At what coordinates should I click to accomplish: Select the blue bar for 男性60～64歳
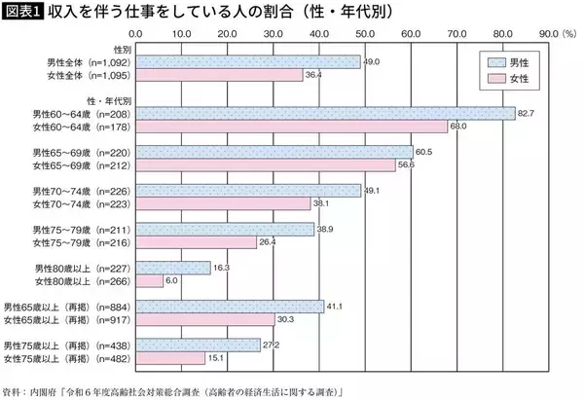point(324,114)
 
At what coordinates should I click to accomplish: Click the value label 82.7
point(527,114)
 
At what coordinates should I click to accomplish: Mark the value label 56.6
point(406,165)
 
